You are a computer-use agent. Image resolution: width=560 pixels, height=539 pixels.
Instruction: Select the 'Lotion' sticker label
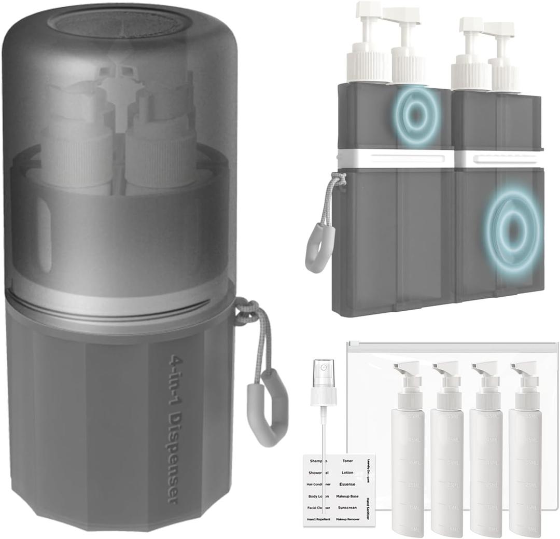point(347,472)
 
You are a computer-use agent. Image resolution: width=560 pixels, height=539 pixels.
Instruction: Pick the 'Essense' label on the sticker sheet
point(347,484)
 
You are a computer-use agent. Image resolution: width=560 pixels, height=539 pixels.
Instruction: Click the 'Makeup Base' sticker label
point(347,496)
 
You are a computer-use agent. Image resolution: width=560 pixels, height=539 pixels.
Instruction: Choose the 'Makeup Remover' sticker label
point(347,519)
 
